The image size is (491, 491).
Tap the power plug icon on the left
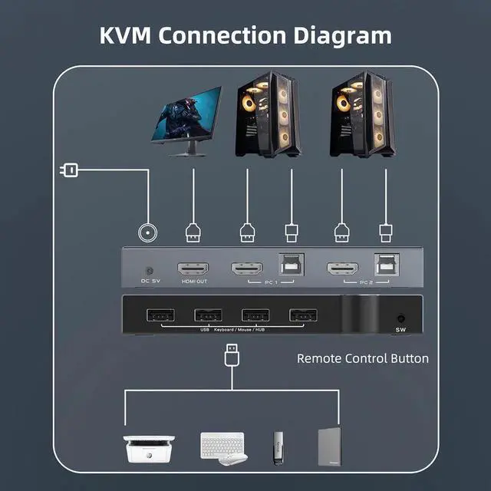point(68,169)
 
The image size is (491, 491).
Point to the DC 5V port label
point(150,281)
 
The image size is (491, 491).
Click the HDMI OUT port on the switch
point(193,270)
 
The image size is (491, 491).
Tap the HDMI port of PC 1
point(247,270)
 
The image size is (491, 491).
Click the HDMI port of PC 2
point(342,270)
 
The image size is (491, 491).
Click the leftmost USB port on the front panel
point(159,315)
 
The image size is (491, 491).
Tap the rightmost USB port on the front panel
point(302,315)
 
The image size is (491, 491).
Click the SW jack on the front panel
point(400,318)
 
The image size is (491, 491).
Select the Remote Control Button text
point(362,358)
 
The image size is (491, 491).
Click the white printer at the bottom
point(149,446)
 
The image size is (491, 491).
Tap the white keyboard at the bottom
point(223,443)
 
